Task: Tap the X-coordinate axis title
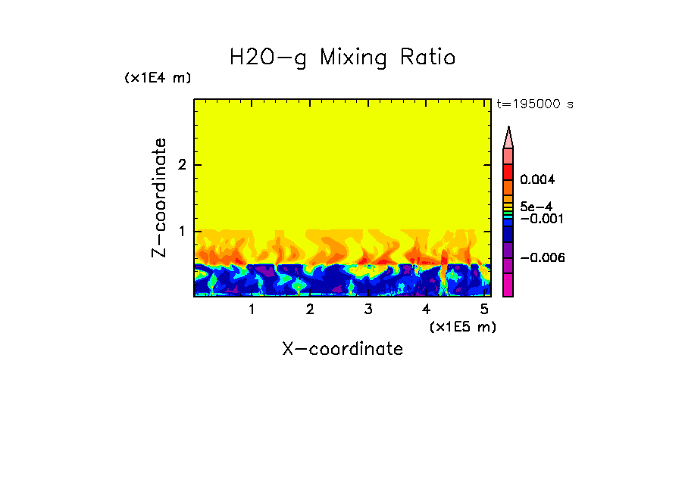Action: pyautogui.click(x=342, y=349)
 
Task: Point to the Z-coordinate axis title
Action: pyautogui.click(x=159, y=198)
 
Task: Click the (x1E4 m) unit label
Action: pyautogui.click(x=158, y=78)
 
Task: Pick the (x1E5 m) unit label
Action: pyautogui.click(x=462, y=326)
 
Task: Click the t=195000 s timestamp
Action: pyautogui.click(x=534, y=104)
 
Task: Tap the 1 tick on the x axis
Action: pyautogui.click(x=252, y=310)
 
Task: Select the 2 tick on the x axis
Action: pyautogui.click(x=310, y=310)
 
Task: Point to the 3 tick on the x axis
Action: pyautogui.click(x=368, y=310)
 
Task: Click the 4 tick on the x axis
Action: pyautogui.click(x=426, y=310)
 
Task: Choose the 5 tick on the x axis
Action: pyautogui.click(x=483, y=310)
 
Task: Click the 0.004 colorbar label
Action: pyautogui.click(x=538, y=180)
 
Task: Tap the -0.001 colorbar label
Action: pyautogui.click(x=538, y=219)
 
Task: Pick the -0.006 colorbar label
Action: pyautogui.click(x=538, y=258)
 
